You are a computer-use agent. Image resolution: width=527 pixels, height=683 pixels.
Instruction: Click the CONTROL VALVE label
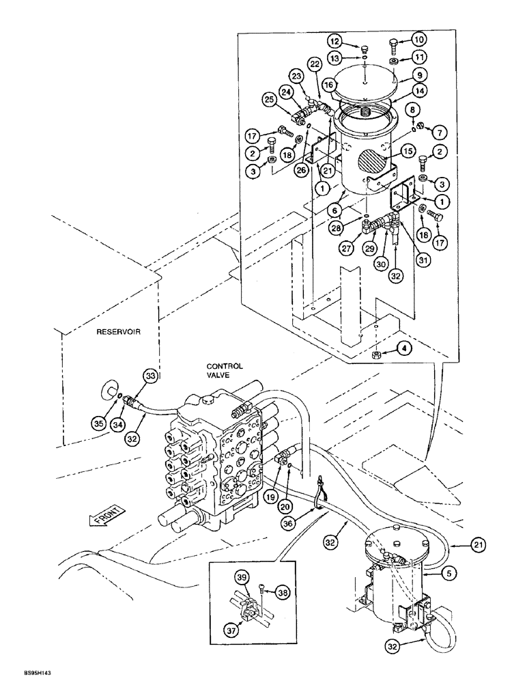click(225, 371)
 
